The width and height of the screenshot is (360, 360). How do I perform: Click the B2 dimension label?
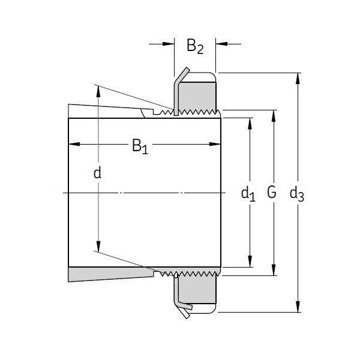(x=195, y=46)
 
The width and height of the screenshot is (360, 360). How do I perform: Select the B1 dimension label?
(x=139, y=146)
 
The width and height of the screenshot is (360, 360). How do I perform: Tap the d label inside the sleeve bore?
(x=98, y=173)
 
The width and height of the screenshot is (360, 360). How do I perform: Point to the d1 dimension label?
(x=248, y=193)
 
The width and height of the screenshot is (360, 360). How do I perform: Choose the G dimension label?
(x=272, y=193)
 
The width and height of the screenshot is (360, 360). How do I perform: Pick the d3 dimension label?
(x=296, y=193)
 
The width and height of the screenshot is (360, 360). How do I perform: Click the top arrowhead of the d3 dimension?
(x=298, y=77)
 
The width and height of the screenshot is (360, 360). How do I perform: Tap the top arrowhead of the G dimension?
(x=274, y=115)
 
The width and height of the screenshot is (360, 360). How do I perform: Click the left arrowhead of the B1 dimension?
(x=74, y=144)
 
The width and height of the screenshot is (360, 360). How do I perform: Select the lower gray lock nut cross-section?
(x=197, y=294)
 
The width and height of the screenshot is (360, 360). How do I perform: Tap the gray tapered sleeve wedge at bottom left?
(x=108, y=275)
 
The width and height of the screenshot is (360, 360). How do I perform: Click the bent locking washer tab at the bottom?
(x=184, y=309)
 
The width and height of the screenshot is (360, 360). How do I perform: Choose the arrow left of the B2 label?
(x=160, y=43)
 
